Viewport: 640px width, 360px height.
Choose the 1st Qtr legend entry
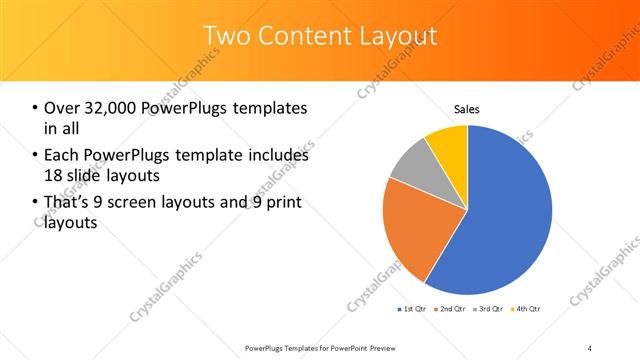pos(413,309)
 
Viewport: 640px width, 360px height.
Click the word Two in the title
pos(225,37)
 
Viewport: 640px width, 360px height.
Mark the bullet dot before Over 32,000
pos(36,108)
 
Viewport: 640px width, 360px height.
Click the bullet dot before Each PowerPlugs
pos(36,156)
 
